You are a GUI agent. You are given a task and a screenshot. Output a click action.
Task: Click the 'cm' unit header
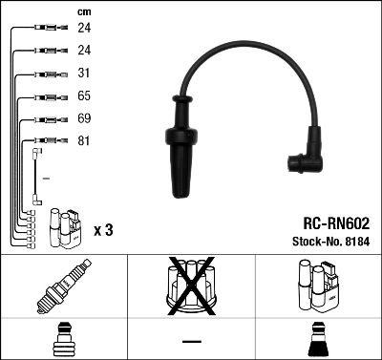[82, 11]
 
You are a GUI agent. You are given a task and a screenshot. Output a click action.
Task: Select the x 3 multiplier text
[104, 230]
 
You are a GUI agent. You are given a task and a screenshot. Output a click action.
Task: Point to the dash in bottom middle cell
[190, 342]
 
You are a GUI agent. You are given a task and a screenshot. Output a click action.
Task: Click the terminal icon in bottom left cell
[63, 340]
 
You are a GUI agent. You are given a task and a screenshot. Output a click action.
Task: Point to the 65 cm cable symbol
[46, 96]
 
